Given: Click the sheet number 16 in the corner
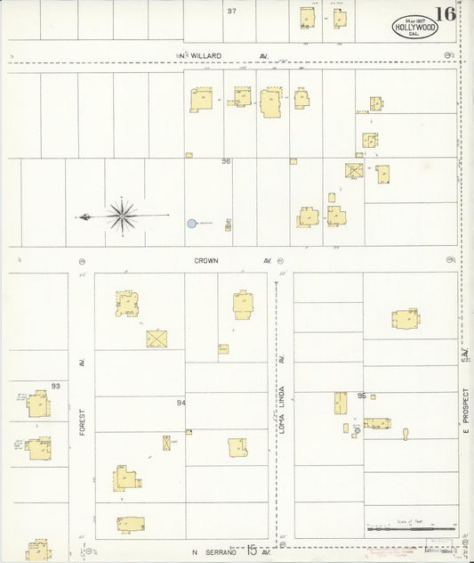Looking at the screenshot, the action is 446,15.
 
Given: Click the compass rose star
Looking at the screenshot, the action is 122,215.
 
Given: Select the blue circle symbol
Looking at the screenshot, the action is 191,223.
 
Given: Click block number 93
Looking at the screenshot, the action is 55,386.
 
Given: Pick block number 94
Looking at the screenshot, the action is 181,403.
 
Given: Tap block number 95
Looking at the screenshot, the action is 362,396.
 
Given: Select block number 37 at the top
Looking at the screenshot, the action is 231,12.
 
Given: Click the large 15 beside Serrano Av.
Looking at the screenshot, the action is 253,551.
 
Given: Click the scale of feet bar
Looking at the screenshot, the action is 411,529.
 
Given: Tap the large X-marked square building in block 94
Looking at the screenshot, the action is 157,339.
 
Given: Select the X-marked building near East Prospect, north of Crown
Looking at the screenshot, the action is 354,170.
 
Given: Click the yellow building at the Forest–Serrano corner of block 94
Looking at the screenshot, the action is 130,524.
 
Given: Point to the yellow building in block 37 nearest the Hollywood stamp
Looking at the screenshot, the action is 339,18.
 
